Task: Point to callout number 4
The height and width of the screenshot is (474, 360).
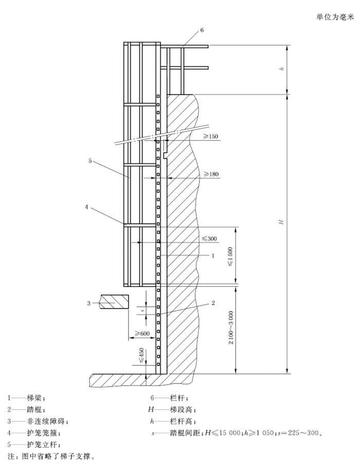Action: [x=87, y=207]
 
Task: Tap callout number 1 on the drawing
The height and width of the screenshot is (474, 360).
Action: [x=212, y=254]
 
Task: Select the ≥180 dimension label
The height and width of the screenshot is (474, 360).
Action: [x=210, y=174]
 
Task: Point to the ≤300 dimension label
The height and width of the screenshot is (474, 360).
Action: [x=208, y=239]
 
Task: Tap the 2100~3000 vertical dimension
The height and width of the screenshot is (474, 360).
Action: [x=231, y=328]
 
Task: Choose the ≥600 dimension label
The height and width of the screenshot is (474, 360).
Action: [x=142, y=334]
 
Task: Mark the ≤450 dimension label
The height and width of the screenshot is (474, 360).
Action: [x=141, y=357]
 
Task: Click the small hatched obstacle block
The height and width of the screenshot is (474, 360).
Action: [x=114, y=301]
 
